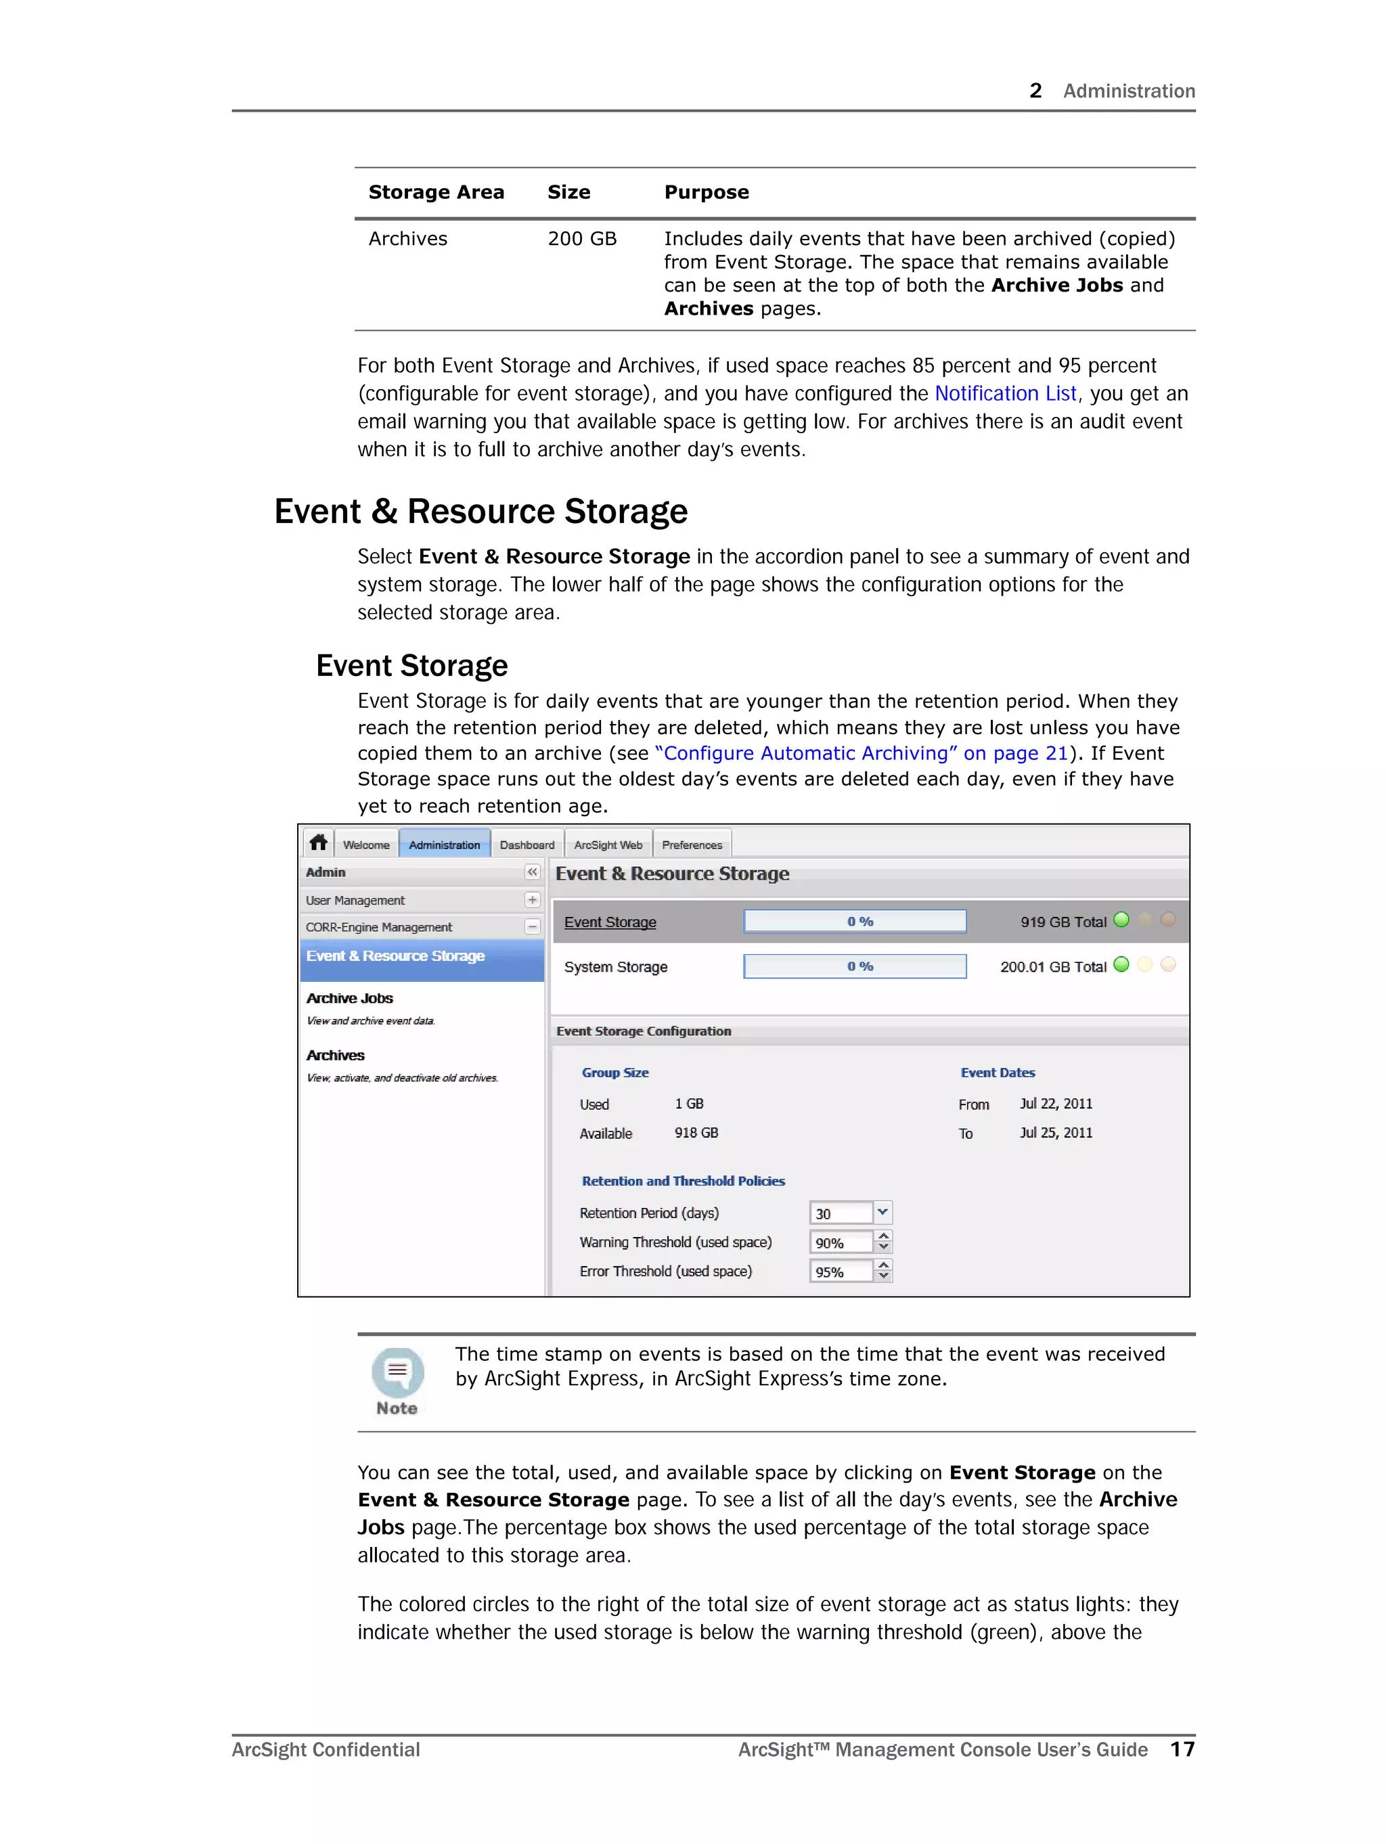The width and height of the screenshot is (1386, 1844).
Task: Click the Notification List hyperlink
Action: pos(1005,393)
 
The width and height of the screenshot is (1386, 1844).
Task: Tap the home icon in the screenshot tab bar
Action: pos(317,842)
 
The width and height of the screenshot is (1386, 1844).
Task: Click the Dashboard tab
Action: pos(527,845)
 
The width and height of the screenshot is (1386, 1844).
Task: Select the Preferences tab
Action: pos(692,845)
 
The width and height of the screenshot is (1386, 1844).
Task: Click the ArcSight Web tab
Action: pos(608,845)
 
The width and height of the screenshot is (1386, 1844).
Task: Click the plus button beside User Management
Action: pos(532,900)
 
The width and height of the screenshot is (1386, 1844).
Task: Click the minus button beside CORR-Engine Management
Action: pos(532,927)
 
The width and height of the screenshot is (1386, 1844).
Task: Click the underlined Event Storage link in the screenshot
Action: pos(610,922)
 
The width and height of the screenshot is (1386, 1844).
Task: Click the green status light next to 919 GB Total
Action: pos(1121,920)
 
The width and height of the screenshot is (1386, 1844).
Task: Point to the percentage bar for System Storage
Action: pos(855,966)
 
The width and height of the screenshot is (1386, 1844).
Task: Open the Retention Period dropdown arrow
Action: pos(882,1212)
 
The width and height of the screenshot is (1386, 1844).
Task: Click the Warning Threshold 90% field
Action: pos(840,1243)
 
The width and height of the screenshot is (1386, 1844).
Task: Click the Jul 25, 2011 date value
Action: pos(1055,1133)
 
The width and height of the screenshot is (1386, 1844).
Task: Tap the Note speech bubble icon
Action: pos(398,1372)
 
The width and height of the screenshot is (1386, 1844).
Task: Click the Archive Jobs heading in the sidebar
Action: pos(349,999)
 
